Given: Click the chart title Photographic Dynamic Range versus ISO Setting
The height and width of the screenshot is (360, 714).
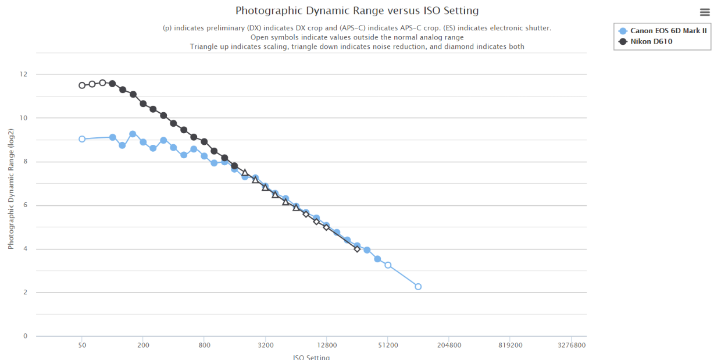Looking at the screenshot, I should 357,10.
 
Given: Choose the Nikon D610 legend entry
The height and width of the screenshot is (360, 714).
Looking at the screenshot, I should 651,41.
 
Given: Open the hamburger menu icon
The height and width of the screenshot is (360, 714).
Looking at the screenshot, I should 704,12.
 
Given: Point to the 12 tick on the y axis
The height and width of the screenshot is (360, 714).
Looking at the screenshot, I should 24,74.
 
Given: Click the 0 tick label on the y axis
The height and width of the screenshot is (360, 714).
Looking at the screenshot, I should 26,336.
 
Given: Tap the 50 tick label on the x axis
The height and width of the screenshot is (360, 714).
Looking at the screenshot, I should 82,345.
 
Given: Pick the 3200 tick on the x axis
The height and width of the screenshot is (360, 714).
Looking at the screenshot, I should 266,345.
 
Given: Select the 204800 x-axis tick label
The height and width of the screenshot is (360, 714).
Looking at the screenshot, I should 449,345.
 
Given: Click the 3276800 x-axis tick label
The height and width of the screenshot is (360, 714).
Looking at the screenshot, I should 572,345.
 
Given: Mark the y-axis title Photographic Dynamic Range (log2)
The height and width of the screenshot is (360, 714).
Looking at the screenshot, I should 11,195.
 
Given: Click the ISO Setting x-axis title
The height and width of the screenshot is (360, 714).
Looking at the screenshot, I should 311,357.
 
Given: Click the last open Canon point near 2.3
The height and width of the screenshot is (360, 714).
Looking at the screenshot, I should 418,286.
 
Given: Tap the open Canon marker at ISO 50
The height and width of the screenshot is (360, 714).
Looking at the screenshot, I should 82,139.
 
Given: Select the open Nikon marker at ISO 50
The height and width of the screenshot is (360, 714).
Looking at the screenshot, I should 82,85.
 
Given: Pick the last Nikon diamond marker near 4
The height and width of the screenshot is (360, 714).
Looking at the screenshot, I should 357,249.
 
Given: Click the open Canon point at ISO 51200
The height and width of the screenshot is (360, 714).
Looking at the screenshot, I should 388,265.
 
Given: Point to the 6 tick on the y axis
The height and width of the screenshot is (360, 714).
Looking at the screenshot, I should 26,205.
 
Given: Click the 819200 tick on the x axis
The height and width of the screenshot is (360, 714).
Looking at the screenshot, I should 510,345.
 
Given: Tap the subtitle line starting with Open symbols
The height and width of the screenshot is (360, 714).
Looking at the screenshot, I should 357,37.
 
